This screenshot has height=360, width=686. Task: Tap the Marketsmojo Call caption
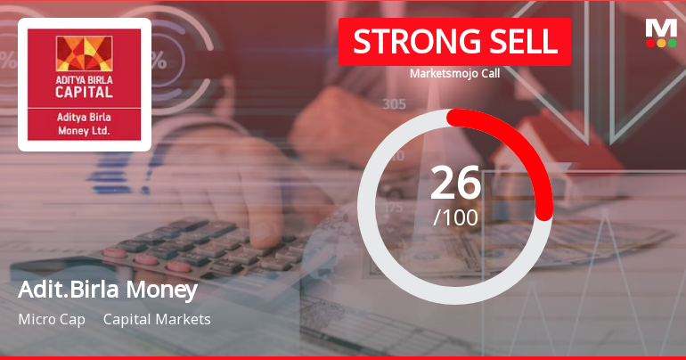tap(454, 73)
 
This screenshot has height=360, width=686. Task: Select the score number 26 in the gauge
tap(455, 184)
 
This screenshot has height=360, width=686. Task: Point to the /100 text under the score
tap(455, 217)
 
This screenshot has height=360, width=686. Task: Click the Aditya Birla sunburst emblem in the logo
tap(85, 54)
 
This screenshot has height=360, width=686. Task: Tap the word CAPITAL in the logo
tap(85, 91)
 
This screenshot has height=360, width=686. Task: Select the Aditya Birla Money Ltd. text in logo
tap(85, 124)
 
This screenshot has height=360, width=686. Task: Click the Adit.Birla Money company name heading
tap(107, 290)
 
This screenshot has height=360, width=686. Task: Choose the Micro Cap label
tap(52, 319)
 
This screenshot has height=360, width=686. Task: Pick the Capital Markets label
tap(157, 319)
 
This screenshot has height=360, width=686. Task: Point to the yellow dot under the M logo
tap(661, 43)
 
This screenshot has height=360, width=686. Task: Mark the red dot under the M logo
tap(650, 43)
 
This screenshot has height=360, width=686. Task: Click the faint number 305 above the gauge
tap(394, 104)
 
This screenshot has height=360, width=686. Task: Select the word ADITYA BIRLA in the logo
tap(85, 78)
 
